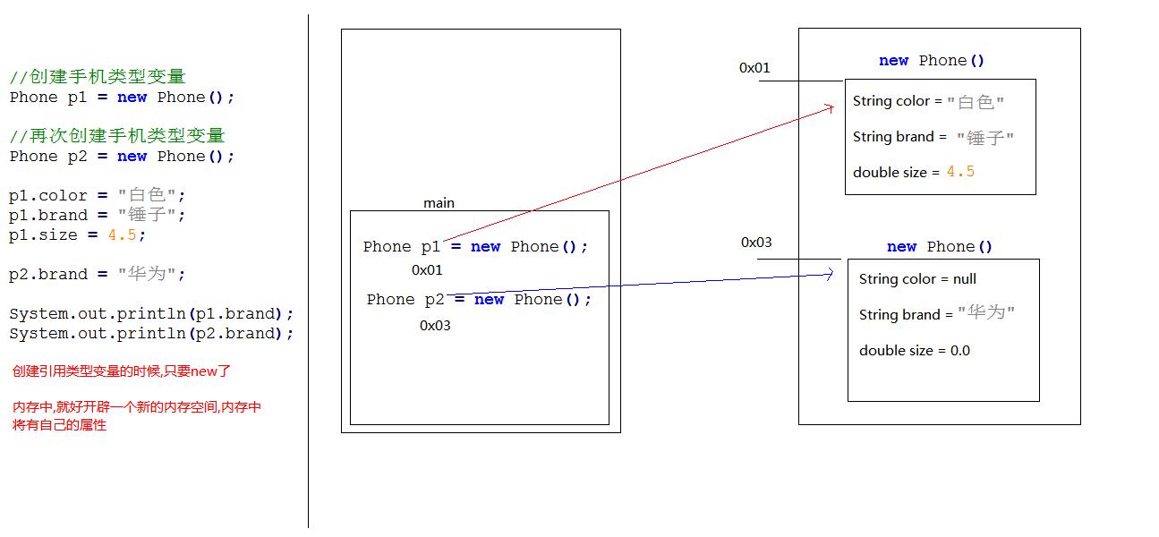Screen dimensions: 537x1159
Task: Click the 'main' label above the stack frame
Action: pyautogui.click(x=439, y=203)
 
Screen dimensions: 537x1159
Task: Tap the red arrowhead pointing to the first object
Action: pyautogui.click(x=830, y=107)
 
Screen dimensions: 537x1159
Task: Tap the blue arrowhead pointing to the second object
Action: pyautogui.click(x=830, y=275)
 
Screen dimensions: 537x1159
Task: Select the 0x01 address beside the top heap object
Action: pyautogui.click(x=754, y=68)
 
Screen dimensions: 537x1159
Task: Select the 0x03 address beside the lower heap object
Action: pyautogui.click(x=756, y=243)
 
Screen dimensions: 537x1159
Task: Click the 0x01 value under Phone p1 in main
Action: pyautogui.click(x=427, y=270)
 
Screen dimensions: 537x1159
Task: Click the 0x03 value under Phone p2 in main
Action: pyautogui.click(x=435, y=326)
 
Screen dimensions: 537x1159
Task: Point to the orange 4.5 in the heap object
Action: pyautogui.click(x=960, y=172)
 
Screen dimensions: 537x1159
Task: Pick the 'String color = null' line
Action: pyautogui.click(x=917, y=279)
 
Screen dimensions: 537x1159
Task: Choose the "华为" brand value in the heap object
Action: pyautogui.click(x=986, y=313)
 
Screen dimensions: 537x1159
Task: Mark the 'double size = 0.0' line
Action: pyautogui.click(x=914, y=351)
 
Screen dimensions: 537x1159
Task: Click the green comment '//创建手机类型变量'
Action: pyautogui.click(x=98, y=78)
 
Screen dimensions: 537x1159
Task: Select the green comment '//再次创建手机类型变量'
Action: pyautogui.click(x=117, y=136)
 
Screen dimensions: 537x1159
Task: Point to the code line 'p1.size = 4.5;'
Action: pyautogui.click(x=77, y=235)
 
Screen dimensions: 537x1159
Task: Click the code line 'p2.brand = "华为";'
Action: pyautogui.click(x=98, y=275)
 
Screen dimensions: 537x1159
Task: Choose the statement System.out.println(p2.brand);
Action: pyautogui.click(x=151, y=334)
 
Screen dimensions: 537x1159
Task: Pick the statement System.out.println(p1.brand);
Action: pyautogui.click(x=151, y=314)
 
